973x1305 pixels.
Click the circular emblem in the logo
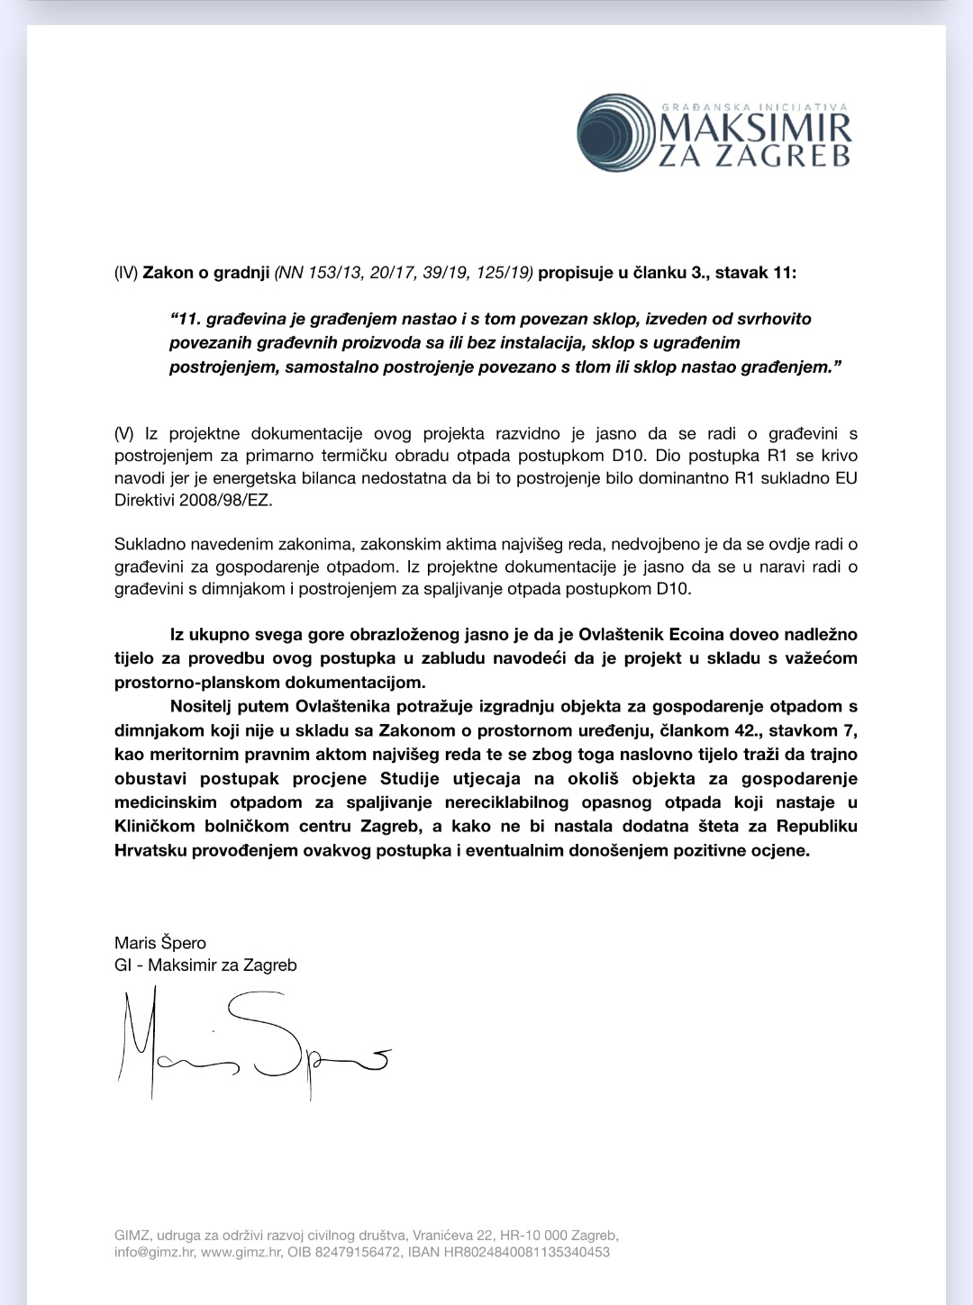point(614,133)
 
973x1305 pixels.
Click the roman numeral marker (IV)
point(126,272)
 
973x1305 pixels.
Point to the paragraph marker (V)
point(124,434)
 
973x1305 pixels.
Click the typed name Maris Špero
point(160,943)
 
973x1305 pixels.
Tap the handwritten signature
point(252,1045)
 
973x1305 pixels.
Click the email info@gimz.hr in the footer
point(154,1252)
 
